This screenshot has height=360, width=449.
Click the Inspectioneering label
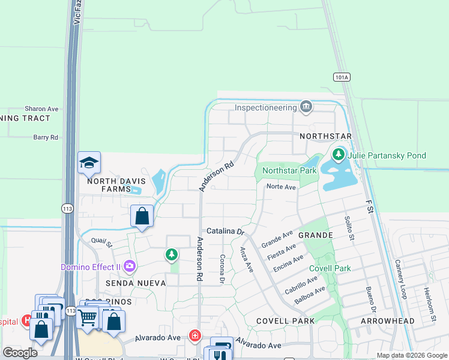[x=266, y=107]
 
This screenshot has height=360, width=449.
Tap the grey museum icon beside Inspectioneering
[x=306, y=107]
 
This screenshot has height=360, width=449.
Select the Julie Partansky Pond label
[x=388, y=155]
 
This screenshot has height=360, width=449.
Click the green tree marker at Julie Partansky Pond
[x=339, y=155]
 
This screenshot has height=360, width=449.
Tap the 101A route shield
[x=341, y=77]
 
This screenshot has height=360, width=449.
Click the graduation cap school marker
[x=89, y=163]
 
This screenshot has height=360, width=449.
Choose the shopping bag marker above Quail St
[x=142, y=216]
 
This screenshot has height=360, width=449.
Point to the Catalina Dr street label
[x=226, y=231]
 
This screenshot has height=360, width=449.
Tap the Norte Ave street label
[x=281, y=187]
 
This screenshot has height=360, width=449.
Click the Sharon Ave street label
[x=41, y=109]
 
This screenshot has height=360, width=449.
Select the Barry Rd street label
[x=46, y=137]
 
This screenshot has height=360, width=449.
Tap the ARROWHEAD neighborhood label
[x=387, y=321]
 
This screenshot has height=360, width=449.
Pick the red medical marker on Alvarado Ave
[x=194, y=335]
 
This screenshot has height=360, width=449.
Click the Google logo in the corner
[x=20, y=353]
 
